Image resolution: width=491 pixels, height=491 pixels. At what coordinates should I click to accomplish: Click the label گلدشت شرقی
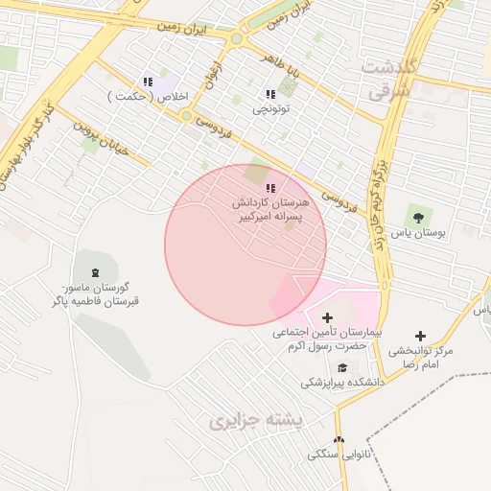click(388, 79)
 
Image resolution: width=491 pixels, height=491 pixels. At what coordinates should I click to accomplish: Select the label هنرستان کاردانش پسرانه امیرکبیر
click(270, 211)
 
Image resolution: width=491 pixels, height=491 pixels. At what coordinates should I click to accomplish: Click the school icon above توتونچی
click(270, 94)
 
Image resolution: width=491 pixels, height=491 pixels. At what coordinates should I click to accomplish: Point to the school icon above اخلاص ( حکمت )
click(148, 82)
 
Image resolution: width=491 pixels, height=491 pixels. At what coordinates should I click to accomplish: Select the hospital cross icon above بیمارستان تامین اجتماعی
click(327, 316)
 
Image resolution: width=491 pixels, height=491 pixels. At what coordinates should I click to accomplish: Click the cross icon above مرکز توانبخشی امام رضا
click(420, 336)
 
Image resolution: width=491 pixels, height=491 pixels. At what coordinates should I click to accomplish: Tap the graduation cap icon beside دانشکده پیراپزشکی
click(342, 367)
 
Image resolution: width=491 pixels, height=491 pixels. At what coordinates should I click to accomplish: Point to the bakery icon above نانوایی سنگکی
click(337, 439)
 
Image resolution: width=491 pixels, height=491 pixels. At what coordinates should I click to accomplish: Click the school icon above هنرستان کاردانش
click(270, 187)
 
